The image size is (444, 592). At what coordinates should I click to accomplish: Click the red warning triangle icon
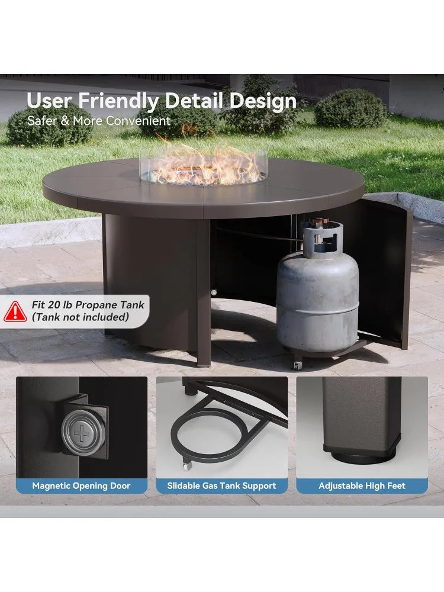[x=15, y=311]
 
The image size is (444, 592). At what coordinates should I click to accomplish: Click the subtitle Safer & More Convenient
[x=99, y=121]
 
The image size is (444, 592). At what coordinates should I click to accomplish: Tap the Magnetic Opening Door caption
[x=81, y=486]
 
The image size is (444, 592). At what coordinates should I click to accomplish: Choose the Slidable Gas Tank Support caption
[x=221, y=486]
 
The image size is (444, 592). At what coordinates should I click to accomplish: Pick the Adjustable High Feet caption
[x=362, y=486]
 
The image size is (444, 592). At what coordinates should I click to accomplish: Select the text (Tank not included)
[x=81, y=317]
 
